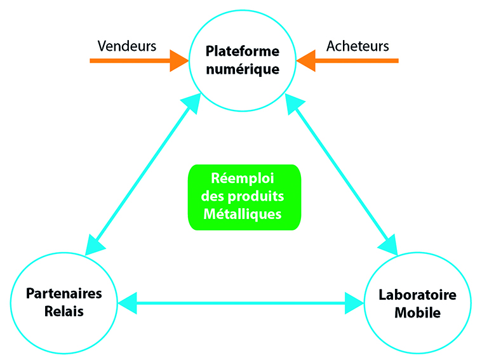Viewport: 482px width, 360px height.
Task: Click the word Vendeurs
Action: coord(127,46)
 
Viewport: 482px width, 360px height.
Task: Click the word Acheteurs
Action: coord(358,46)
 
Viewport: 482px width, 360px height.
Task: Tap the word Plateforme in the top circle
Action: coord(243,51)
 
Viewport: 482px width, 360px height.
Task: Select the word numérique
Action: coord(243,69)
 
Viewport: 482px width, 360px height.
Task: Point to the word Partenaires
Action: coord(64,293)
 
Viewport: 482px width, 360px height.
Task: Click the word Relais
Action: coord(64,311)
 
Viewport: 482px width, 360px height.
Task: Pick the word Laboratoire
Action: coord(417,295)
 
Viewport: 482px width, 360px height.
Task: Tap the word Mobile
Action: coord(417,312)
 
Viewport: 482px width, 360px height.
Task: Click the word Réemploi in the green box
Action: coord(243,178)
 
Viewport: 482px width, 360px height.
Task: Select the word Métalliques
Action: coord(243,214)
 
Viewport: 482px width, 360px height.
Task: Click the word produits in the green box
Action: coord(256,196)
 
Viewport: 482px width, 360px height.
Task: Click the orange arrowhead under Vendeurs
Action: coord(179,61)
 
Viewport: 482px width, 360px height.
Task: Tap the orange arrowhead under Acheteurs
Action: coord(306,61)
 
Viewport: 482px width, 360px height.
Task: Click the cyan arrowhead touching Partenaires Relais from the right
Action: coord(127,303)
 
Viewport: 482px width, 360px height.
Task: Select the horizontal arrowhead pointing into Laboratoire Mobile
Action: coord(354,303)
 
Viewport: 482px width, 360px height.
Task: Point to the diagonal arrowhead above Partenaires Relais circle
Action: coord(93,246)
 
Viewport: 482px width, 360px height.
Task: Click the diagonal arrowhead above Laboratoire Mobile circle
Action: coord(389,246)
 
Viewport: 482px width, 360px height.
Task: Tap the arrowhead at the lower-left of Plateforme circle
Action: coord(192,102)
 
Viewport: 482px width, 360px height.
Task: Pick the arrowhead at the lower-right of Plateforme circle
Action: coord(293,103)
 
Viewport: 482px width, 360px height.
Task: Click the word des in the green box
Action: coord(213,196)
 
